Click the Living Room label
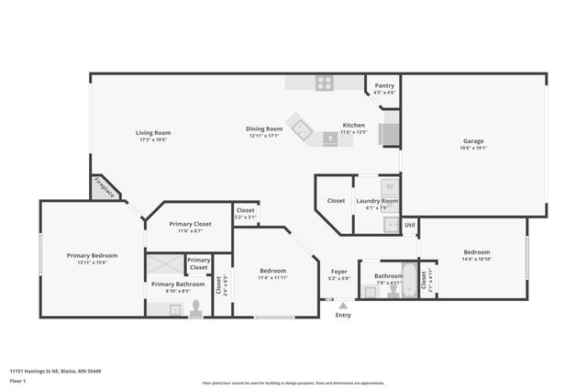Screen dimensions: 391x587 pos(154,133)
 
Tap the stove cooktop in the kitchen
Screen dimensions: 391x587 pos(325,83)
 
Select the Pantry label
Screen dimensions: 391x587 pos(384,85)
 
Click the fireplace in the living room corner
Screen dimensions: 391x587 pos(104,189)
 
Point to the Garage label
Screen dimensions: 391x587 pos(473,141)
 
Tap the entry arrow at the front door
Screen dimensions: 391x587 pos(343,306)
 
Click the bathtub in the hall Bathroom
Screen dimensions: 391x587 pos(399,292)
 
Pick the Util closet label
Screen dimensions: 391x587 pos(410,223)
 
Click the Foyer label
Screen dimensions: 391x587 pos(338,271)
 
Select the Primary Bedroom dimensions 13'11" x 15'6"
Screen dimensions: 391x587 pos(92,263)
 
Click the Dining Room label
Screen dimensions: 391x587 pos(264,129)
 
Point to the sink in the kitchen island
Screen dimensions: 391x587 pos(330,139)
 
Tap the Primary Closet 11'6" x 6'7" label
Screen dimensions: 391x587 pos(191,230)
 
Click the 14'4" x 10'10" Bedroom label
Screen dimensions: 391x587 pos(476,259)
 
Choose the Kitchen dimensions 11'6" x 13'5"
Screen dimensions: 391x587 pos(354,132)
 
